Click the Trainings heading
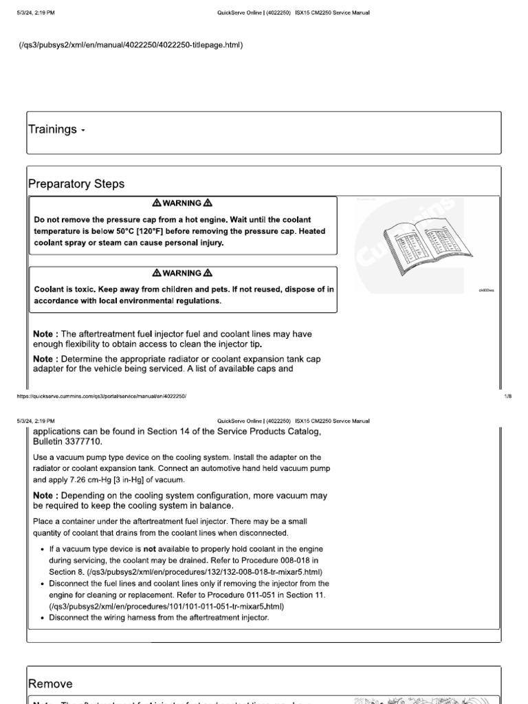(52, 129)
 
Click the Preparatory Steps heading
(76, 184)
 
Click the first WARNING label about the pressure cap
(182, 203)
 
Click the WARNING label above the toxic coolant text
(182, 273)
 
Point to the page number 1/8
(508, 397)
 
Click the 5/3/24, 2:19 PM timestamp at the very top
(35, 13)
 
